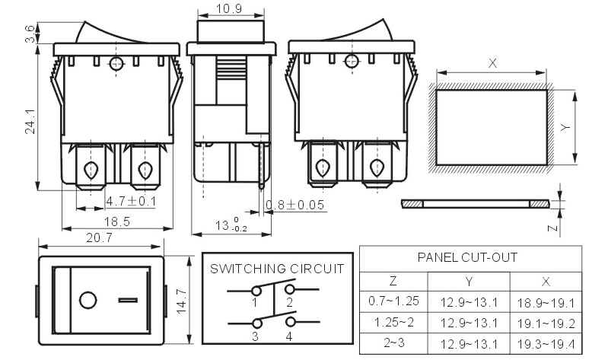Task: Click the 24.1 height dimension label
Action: pos(30,122)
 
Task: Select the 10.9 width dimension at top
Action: pos(229,8)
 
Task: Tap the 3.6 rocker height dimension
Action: pos(30,33)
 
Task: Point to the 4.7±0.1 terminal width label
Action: pos(131,202)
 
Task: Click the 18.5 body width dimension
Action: pos(116,221)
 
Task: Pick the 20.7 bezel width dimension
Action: pos(99,237)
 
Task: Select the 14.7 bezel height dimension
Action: pos(181,301)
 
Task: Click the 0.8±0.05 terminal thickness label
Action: pos(295,205)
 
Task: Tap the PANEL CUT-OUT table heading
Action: pos(467,257)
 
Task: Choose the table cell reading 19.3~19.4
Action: pos(546,344)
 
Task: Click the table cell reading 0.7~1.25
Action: pos(393,301)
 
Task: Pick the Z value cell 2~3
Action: pos(394,342)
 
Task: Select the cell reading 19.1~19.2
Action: pos(546,323)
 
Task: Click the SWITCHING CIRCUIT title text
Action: pos(277,269)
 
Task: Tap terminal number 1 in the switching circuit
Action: pos(255,303)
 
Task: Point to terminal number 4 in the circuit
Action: pos(289,336)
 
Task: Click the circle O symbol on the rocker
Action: pos(88,301)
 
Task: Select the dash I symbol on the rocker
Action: pos(128,300)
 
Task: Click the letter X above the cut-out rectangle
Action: pos(492,63)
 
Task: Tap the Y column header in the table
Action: pos(469,282)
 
